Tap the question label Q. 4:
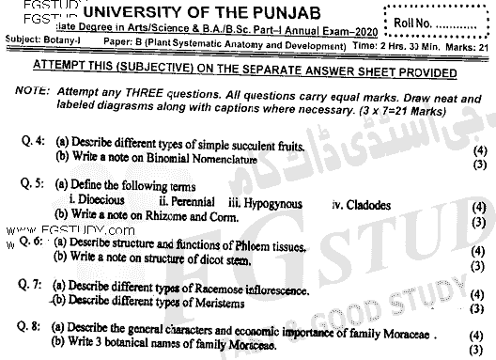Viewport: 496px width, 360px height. (x=33, y=141)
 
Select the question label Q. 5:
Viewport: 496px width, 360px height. (x=33, y=185)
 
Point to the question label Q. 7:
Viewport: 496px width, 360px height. (x=33, y=284)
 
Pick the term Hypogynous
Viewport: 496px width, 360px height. (x=262, y=200)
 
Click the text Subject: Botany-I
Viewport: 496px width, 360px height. (x=40, y=43)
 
